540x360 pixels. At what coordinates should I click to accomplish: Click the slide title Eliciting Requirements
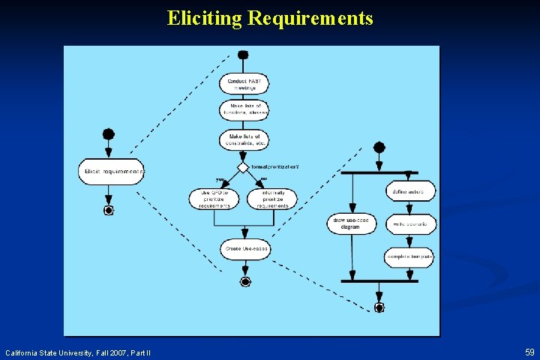tap(270, 18)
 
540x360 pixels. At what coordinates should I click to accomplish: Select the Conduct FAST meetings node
tap(244, 84)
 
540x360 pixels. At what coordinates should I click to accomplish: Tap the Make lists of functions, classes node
tap(244, 109)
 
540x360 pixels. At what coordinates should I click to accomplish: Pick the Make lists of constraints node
tap(244, 139)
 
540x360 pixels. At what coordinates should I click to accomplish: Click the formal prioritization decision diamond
tap(243, 167)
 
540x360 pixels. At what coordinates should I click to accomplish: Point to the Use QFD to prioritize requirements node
tap(214, 199)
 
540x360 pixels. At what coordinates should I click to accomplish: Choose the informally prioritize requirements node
tap(272, 199)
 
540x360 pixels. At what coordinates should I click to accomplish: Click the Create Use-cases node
tap(245, 249)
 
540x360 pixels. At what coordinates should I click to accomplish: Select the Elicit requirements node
tap(111, 172)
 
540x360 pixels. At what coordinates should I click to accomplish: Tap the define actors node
tap(410, 191)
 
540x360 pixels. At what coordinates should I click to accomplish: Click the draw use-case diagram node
tap(352, 223)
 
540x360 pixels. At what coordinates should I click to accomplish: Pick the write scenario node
tap(410, 223)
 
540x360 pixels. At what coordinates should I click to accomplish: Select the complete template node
tap(409, 257)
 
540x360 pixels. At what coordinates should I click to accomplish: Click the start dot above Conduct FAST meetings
tap(242, 55)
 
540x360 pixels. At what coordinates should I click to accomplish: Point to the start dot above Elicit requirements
tap(109, 134)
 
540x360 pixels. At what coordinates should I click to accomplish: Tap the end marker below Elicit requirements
tap(109, 211)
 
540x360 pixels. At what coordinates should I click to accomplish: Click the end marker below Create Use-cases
tap(244, 281)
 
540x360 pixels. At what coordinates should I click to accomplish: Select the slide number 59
tap(529, 352)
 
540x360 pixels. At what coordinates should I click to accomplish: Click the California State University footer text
tap(78, 352)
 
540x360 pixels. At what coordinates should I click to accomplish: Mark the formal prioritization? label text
tap(274, 166)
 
